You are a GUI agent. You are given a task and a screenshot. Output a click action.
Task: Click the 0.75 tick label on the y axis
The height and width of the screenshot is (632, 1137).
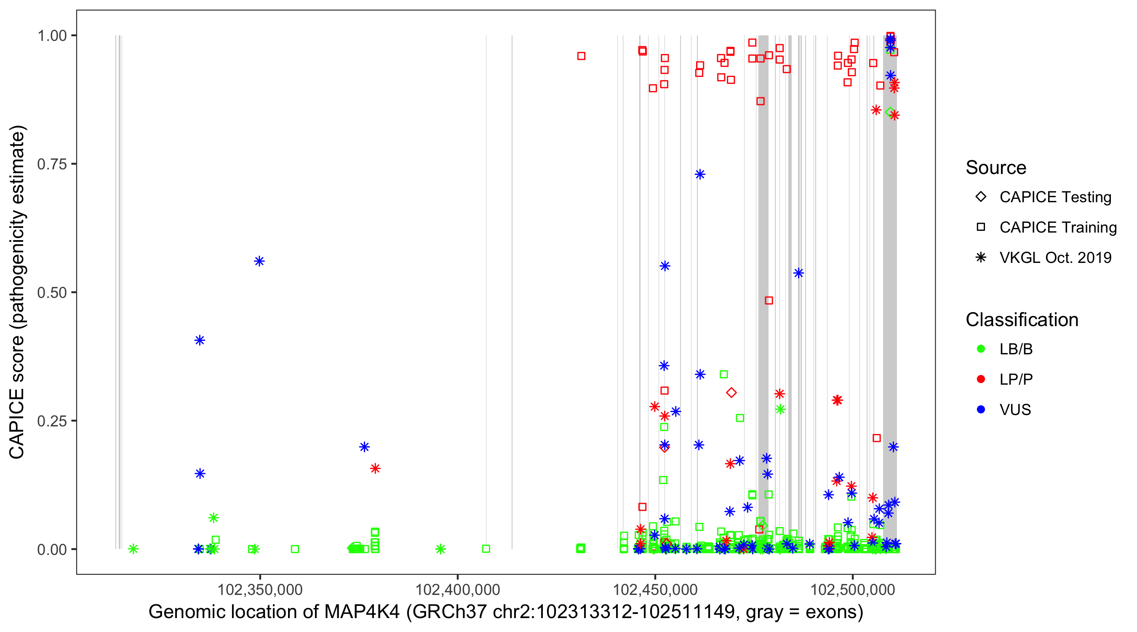click(51, 164)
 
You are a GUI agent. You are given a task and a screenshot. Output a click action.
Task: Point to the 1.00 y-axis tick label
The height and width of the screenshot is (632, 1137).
click(51, 36)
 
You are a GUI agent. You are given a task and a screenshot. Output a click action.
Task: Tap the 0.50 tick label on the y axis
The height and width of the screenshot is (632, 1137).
click(51, 293)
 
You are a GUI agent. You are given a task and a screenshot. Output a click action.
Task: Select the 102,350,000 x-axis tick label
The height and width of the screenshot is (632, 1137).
click(260, 589)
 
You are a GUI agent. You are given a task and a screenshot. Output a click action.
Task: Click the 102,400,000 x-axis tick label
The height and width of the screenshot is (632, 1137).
click(458, 589)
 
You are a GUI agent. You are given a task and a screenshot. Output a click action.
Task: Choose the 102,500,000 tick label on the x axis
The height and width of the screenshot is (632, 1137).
click(853, 589)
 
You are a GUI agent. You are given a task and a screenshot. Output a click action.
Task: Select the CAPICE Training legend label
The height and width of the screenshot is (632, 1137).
click(1057, 228)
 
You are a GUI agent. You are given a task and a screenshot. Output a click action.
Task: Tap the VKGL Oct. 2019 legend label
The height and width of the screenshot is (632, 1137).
click(1055, 258)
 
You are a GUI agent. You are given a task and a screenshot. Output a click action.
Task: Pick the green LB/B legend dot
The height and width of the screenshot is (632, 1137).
click(981, 349)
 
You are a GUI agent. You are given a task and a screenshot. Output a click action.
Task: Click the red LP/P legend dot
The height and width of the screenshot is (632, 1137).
click(981, 379)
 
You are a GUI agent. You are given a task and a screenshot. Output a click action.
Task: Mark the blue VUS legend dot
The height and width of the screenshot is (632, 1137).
click(981, 410)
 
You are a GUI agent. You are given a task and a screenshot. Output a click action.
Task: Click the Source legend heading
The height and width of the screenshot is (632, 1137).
click(996, 168)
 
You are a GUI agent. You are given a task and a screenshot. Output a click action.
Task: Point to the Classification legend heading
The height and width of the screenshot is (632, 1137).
click(1022, 320)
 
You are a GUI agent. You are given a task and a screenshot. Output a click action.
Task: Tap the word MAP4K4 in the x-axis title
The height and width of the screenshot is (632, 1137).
click(362, 612)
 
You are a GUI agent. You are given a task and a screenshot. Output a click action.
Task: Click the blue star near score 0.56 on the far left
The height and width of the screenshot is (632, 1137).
click(259, 262)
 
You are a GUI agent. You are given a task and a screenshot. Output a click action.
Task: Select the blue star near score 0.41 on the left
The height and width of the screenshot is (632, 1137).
click(200, 340)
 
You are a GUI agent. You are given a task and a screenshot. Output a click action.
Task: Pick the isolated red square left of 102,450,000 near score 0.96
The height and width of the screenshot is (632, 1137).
click(581, 56)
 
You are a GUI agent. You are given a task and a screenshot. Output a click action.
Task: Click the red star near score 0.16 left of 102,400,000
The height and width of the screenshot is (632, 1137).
click(375, 469)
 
